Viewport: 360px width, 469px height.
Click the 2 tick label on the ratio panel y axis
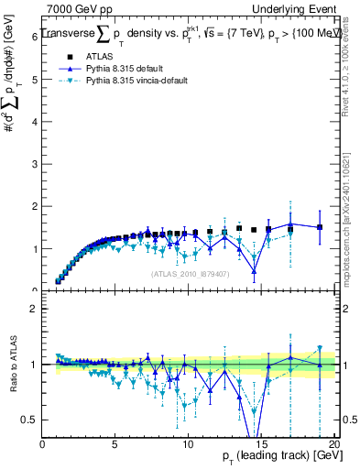(x=36, y=309)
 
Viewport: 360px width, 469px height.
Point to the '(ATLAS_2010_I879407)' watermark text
(x=189, y=272)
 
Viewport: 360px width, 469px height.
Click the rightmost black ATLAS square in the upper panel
(x=320, y=227)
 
